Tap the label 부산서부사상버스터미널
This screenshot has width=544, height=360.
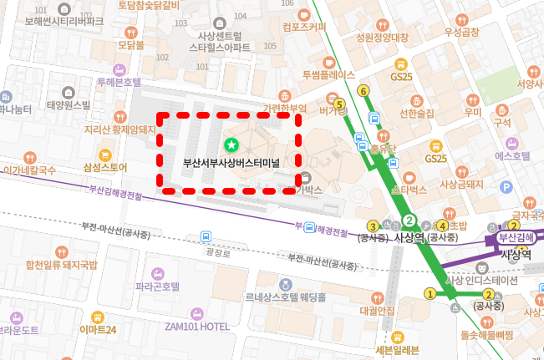click(x=231, y=162)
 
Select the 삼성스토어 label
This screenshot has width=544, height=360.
click(x=105, y=167)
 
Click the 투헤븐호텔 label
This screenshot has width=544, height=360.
click(x=119, y=82)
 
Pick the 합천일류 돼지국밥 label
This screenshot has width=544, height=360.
click(x=62, y=266)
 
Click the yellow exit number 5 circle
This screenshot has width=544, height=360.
click(x=339, y=104)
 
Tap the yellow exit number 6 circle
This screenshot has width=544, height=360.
click(x=363, y=90)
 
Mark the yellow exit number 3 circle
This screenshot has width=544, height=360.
click(x=373, y=226)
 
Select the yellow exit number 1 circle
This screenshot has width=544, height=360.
click(x=430, y=293)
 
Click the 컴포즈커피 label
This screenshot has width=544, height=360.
click(x=304, y=26)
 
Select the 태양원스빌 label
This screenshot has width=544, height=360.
click(x=69, y=105)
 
